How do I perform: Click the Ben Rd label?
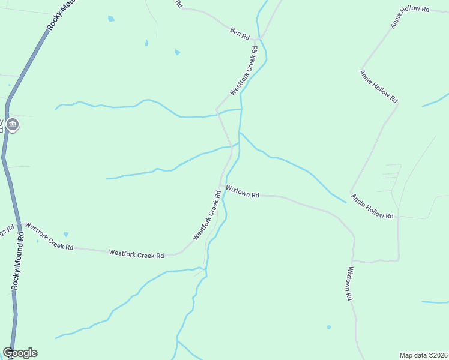tap(240, 33)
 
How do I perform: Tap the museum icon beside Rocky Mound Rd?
tap(13, 125)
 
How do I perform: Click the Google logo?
tap(20, 353)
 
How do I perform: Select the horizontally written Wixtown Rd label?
tap(243, 191)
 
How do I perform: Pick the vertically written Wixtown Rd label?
tap(348, 283)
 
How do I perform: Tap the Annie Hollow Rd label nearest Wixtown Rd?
tap(372, 206)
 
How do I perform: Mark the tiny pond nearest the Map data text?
tap(328, 327)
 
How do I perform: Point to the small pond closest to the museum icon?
tap(9, 85)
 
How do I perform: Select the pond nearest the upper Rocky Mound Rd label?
tap(111, 19)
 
